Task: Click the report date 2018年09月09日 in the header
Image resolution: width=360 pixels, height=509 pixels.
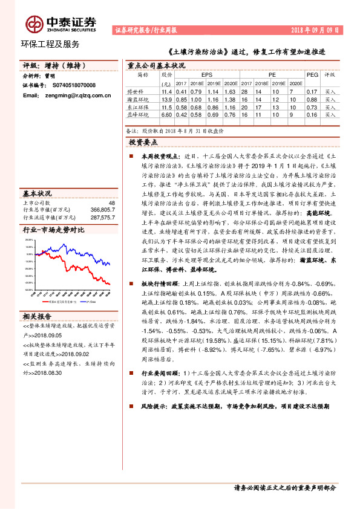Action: pyautogui.click(x=318, y=30)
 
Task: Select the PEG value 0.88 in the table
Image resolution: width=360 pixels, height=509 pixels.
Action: pyautogui.click(x=312, y=99)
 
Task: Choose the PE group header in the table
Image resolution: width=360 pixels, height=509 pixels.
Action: pyautogui.click(x=272, y=75)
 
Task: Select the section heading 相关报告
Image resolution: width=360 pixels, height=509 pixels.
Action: pyautogui.click(x=38, y=316)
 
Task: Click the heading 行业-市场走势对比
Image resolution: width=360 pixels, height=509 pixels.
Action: pyautogui.click(x=53, y=230)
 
